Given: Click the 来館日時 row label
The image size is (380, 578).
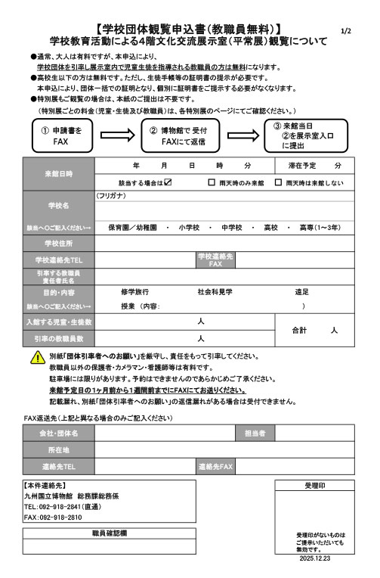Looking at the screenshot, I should click(59, 173).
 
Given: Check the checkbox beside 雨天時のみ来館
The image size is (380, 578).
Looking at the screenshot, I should click(212, 182).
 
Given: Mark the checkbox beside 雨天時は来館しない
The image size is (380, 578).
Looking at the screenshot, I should click(279, 182).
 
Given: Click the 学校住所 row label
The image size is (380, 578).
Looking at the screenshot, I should click(59, 243).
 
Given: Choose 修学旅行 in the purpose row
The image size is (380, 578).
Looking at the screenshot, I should click(134, 292).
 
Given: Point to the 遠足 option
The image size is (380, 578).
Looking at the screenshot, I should click(301, 292).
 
